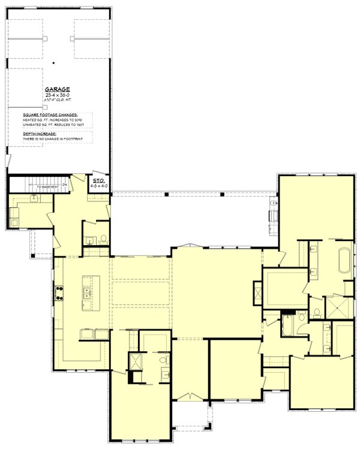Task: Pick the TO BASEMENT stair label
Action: pos(46,187)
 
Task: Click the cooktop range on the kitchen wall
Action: pos(59,293)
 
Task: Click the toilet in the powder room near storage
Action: pos(104,238)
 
